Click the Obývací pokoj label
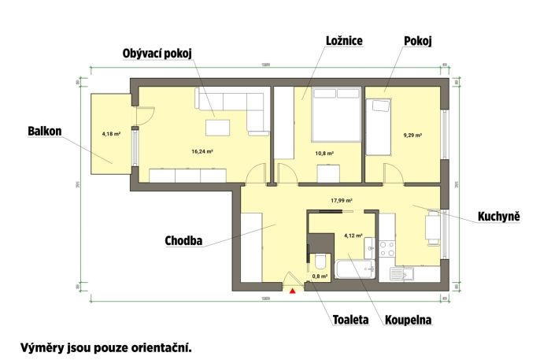click(157, 53)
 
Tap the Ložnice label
click(343, 40)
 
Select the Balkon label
click(45, 131)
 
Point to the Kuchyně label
click(498, 215)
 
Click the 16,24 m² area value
click(202, 150)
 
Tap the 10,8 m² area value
click(324, 154)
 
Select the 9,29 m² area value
click(412, 135)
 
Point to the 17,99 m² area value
click(341, 200)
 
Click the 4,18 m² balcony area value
click(111, 134)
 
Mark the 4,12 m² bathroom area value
click(353, 235)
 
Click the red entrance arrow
click(293, 291)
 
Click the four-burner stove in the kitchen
click(387, 250)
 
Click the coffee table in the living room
click(218, 127)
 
